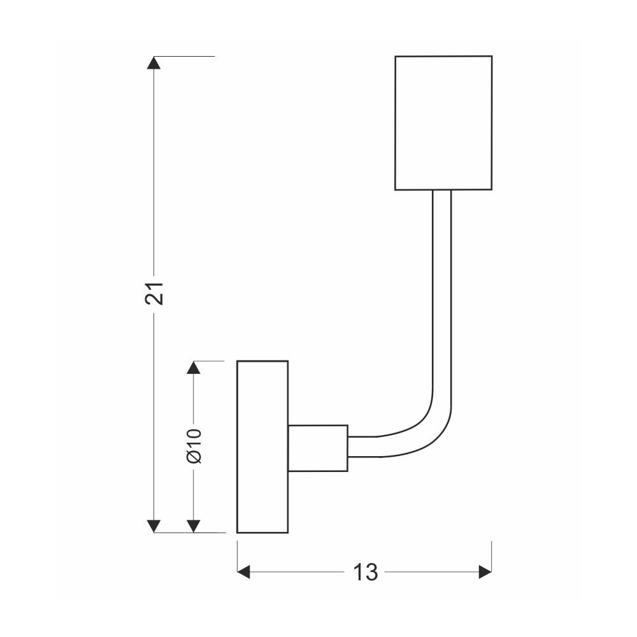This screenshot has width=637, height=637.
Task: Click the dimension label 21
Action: click(x=154, y=293)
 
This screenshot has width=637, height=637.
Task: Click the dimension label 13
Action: click(x=365, y=572)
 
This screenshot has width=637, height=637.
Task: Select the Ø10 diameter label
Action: click(x=194, y=445)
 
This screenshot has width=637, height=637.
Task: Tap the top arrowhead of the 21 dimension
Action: click(x=154, y=62)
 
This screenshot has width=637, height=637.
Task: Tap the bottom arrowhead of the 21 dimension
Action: click(x=154, y=526)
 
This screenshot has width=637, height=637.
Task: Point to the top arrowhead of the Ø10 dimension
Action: click(x=194, y=368)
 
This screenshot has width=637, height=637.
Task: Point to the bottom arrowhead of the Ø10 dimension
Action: click(x=194, y=526)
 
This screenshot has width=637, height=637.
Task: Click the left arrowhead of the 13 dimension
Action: click(x=243, y=572)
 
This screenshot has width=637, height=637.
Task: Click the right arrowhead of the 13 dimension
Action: click(x=485, y=572)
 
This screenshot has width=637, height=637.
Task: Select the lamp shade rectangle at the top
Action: click(x=443, y=123)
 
